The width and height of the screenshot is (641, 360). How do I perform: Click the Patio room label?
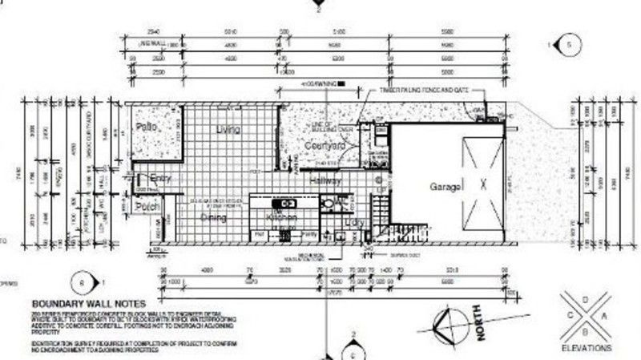[x=146, y=128]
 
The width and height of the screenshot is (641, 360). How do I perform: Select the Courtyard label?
[x=325, y=146]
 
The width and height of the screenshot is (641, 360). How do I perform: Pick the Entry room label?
[x=161, y=179]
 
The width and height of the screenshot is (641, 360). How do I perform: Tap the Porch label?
[x=147, y=207]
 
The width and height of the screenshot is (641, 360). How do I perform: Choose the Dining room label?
[x=212, y=216]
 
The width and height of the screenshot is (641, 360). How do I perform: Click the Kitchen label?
[x=281, y=217]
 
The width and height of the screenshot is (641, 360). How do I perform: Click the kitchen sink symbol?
[x=281, y=203]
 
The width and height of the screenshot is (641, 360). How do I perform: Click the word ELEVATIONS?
[x=587, y=349]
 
